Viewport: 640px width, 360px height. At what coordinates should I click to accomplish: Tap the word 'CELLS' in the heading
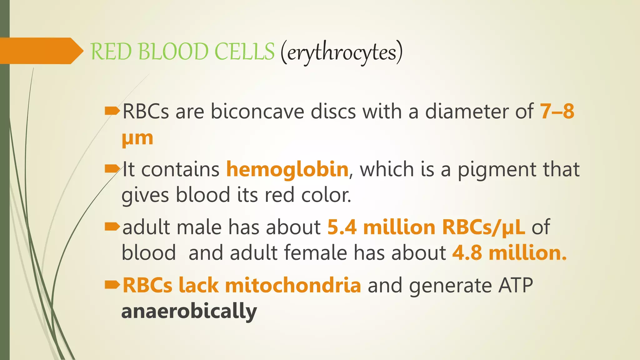tap(244, 52)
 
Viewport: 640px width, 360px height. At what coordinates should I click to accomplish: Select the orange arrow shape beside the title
tap(41, 51)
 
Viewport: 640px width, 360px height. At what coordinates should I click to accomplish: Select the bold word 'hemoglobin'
tap(287, 169)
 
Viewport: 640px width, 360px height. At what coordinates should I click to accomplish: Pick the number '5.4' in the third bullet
tap(342, 227)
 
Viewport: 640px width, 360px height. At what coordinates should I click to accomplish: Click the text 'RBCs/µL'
tap(483, 227)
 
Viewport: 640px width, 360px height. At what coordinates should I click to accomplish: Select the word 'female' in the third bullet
tap(315, 253)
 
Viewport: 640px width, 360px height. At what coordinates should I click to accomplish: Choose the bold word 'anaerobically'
tap(189, 312)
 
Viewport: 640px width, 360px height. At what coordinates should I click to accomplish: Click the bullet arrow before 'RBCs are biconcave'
tap(112, 111)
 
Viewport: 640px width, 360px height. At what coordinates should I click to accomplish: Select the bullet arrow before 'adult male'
tap(112, 227)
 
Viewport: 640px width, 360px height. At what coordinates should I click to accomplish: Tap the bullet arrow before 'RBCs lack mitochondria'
tap(112, 284)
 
